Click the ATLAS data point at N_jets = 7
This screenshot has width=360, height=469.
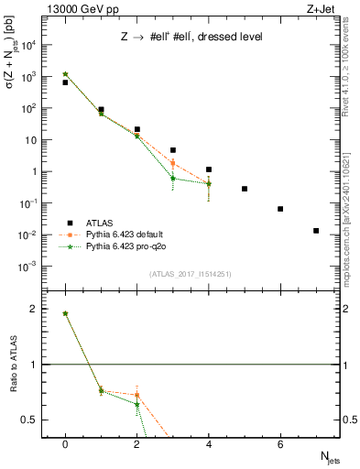pyautogui.click(x=316, y=231)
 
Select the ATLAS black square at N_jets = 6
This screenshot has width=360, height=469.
pyautogui.click(x=280, y=209)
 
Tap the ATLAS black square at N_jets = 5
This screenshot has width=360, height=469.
pyautogui.click(x=245, y=189)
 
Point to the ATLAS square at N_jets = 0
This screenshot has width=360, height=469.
pyautogui.click(x=65, y=82)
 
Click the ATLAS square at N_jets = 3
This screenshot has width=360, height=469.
pyautogui.click(x=172, y=149)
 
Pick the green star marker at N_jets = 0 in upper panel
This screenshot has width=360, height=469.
pyautogui.click(x=65, y=74)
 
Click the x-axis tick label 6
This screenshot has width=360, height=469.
pyautogui.click(x=280, y=444)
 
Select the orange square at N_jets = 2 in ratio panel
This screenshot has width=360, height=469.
pyautogui.click(x=136, y=396)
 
